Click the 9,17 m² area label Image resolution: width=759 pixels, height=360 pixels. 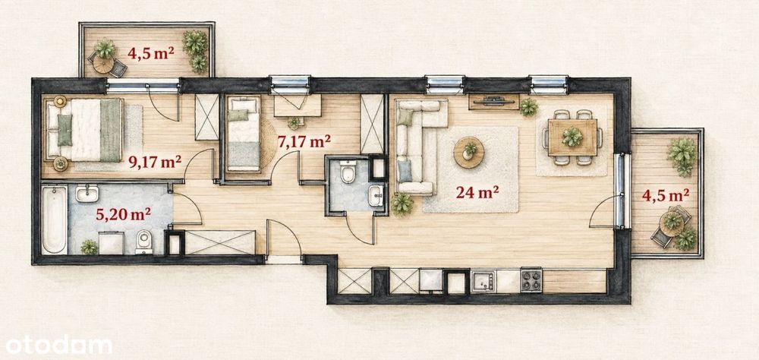[155, 161]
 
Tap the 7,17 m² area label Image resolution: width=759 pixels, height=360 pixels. [304, 141]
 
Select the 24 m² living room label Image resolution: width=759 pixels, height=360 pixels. [477, 192]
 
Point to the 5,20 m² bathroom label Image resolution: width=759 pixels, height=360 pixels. [123, 213]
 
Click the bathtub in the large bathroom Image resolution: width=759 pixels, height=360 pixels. [54, 219]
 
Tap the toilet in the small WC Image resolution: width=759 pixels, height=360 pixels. [348, 172]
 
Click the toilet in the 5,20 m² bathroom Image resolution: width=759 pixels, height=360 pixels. [143, 242]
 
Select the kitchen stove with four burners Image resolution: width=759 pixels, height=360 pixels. [531, 280]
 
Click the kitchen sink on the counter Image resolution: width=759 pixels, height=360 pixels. [483, 281]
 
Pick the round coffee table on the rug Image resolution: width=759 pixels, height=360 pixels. [469, 152]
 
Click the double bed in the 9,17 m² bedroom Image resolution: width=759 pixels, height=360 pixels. [85, 130]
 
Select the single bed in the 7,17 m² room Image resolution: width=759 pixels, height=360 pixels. [244, 132]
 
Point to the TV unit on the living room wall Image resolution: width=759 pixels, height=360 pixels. [494, 102]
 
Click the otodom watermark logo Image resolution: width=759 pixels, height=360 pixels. [59, 346]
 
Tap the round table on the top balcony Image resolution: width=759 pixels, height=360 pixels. [103, 64]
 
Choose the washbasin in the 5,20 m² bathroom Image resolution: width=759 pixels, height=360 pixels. [87, 194]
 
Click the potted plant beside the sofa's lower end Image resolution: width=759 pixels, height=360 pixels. [402, 204]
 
